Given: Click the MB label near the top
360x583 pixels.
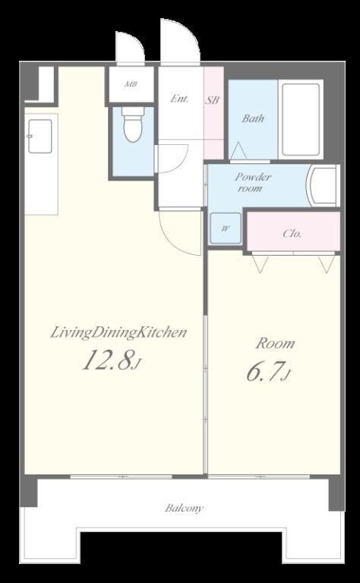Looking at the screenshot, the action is click(x=131, y=84).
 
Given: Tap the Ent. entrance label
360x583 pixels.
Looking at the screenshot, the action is click(x=179, y=99).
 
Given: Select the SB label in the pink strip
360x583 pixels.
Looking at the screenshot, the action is click(x=213, y=99).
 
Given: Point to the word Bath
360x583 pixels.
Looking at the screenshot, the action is click(x=253, y=118).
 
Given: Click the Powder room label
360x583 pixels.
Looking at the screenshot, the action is click(x=252, y=182).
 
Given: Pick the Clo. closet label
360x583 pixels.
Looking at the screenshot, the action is click(x=292, y=234).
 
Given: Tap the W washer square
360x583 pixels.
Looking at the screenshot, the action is click(x=226, y=228).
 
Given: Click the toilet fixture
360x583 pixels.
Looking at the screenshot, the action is click(x=133, y=124).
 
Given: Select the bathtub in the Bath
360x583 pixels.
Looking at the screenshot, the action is click(x=301, y=119).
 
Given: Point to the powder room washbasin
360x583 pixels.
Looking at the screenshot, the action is click(x=322, y=185).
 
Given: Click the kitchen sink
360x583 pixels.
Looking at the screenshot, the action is click(x=39, y=136).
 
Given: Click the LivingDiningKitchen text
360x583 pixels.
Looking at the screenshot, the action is click(x=118, y=332).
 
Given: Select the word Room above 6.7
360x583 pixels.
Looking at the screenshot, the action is click(x=275, y=344).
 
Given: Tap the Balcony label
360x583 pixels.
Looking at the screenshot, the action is click(x=184, y=508).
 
